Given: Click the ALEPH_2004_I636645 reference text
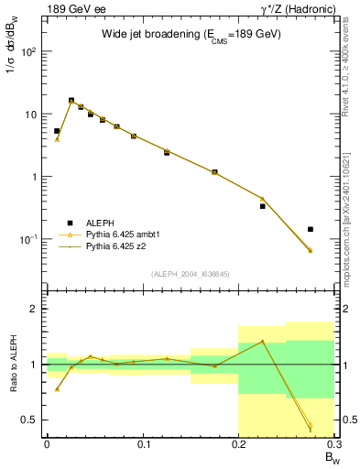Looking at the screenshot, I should coord(191,274).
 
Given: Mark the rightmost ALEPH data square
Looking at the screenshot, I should coord(311,229).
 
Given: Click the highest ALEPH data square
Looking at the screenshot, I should coord(71,101).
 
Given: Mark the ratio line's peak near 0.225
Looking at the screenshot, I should coord(262,341).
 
